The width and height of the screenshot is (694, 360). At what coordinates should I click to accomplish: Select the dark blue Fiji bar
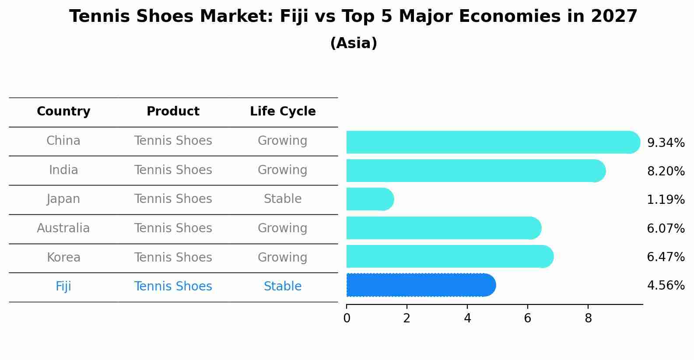421,285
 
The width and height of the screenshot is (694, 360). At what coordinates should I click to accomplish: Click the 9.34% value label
666,143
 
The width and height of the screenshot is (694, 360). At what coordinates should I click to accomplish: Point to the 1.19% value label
666,200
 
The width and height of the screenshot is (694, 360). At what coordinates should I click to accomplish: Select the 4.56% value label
666,286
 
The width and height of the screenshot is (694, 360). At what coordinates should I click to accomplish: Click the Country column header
63,112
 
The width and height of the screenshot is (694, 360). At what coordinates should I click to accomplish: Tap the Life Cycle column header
283,112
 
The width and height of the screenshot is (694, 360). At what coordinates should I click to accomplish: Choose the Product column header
173,112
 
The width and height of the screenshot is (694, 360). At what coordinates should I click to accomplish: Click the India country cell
63,170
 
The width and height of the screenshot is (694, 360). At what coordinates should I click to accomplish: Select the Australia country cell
63,228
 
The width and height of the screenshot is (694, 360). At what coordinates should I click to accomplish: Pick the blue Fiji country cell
63,287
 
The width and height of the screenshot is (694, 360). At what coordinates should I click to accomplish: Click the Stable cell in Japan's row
283,199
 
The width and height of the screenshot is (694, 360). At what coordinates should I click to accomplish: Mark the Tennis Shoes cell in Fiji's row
173,287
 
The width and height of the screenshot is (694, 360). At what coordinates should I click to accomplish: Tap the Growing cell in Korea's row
283,257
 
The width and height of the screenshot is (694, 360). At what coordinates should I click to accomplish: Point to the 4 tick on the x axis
467,318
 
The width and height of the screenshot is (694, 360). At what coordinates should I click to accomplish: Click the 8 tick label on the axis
588,318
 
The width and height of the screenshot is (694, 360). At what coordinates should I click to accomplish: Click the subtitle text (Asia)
354,43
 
